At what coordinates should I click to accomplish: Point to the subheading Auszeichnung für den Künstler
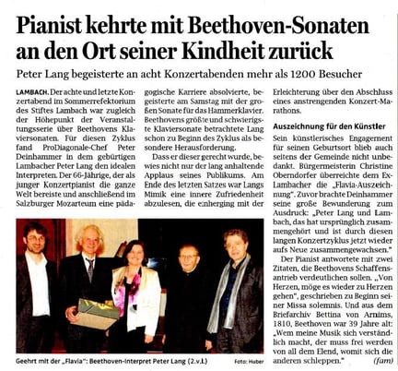(320, 149)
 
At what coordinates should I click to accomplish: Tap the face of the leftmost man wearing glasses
(37, 239)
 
